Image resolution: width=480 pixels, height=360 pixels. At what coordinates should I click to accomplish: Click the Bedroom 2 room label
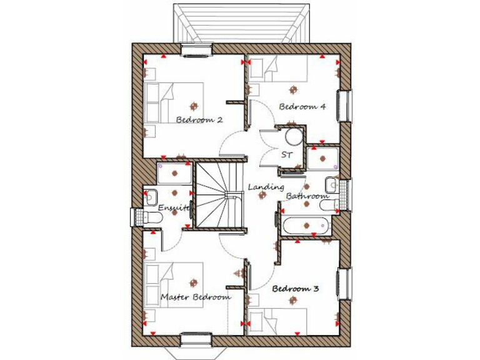point(199,119)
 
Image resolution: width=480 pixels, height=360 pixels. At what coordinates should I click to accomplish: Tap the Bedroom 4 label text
point(302,106)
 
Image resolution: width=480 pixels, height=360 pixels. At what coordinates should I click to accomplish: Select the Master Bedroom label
point(195,297)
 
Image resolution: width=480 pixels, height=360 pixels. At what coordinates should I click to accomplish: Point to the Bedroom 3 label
point(296,289)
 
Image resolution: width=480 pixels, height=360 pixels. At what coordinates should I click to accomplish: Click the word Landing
point(266,187)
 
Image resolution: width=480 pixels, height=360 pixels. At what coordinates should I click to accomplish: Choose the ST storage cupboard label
point(286,154)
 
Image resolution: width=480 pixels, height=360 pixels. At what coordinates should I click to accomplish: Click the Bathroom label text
point(307,196)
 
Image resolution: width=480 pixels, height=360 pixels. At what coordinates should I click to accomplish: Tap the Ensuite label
point(172,207)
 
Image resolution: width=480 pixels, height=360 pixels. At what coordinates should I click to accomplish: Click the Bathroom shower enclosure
point(322,158)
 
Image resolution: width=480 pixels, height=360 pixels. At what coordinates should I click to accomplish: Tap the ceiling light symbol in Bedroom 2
point(194,106)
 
